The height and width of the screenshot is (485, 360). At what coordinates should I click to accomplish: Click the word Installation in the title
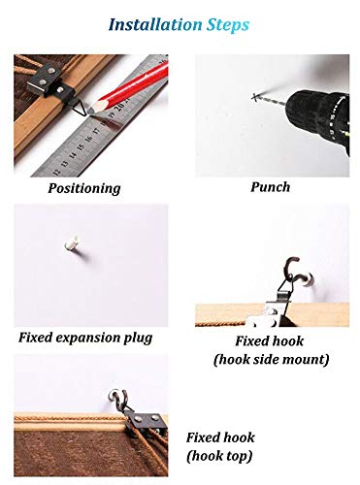point(155,24)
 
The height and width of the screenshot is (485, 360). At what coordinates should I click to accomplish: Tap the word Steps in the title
point(228,25)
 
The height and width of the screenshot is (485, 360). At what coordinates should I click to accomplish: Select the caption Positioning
point(84,188)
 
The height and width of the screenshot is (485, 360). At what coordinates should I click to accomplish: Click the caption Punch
point(271,187)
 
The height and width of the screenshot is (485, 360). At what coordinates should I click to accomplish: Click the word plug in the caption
point(138,339)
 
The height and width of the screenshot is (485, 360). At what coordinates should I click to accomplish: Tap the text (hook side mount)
point(271,359)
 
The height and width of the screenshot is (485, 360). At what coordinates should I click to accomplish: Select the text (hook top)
point(219,456)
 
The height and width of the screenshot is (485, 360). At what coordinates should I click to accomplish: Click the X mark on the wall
point(256,97)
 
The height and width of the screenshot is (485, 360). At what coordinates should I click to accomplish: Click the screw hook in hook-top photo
point(118,399)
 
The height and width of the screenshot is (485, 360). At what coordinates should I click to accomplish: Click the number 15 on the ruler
point(81,146)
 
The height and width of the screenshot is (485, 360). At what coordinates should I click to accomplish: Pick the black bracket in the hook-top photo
point(146,421)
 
